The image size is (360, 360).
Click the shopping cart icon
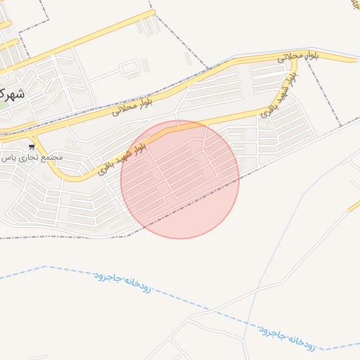pyautogui.click(x=32, y=147)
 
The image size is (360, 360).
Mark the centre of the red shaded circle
pyautogui.click(x=180, y=180)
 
